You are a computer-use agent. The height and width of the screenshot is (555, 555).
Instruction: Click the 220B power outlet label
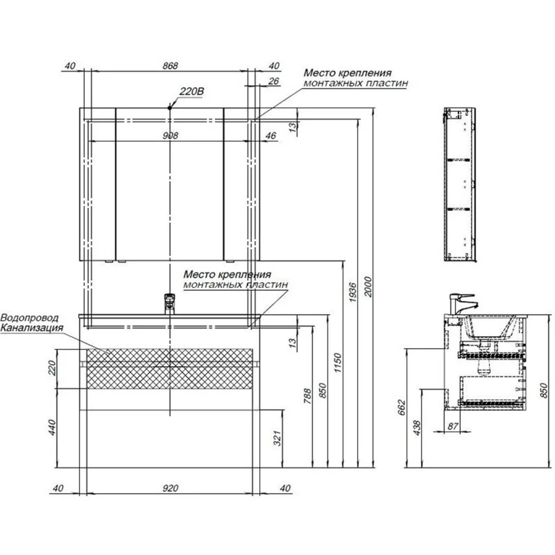[192, 91]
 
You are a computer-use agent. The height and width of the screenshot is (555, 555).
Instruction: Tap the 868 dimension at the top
[170, 66]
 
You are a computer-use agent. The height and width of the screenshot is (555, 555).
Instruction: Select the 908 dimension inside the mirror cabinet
[170, 136]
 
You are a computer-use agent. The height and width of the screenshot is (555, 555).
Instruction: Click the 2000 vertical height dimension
[367, 287]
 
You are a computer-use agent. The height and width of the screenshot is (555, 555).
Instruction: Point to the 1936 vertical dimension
[352, 292]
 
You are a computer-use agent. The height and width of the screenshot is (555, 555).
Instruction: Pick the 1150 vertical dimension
[338, 362]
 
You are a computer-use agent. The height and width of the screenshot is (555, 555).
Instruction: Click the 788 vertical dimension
[307, 397]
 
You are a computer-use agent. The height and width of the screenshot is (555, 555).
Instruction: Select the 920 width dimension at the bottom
[170, 488]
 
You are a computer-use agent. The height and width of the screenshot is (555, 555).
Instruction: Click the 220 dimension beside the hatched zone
[52, 367]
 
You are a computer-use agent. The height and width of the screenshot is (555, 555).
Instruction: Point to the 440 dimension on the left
[52, 427]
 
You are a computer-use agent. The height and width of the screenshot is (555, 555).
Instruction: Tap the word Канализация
[32, 328]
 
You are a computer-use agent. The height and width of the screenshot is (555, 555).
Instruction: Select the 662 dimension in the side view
[401, 407]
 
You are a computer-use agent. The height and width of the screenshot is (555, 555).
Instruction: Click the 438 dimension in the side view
[417, 428]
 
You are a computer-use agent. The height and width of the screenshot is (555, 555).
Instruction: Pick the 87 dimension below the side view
[453, 426]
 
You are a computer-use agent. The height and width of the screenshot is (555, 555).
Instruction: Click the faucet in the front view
[170, 303]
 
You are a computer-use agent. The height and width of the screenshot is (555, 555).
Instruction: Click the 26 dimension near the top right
[273, 81]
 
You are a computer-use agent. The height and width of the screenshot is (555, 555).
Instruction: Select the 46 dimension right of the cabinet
[270, 136]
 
